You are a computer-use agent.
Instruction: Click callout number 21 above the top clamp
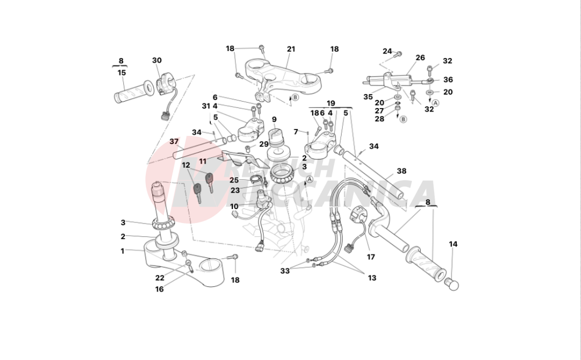click(x=291, y=49)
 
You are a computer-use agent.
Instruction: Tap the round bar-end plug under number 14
click(x=451, y=285)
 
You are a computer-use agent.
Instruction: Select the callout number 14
click(x=453, y=244)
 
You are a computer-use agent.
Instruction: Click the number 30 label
click(x=157, y=60)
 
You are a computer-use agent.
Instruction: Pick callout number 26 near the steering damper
click(x=420, y=57)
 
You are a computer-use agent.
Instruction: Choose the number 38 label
click(x=401, y=171)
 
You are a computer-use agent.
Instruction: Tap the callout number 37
click(x=174, y=142)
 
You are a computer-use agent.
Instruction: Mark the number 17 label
click(x=371, y=256)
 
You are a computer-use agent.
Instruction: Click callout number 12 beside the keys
click(x=186, y=165)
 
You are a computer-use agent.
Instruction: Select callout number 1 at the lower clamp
click(x=123, y=251)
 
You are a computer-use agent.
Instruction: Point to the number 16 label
click(x=159, y=289)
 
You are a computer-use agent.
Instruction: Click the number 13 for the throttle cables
click(x=372, y=278)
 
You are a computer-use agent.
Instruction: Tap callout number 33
click(x=285, y=271)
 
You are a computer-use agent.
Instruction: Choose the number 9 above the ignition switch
click(x=274, y=120)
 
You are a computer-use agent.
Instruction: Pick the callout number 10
click(x=234, y=206)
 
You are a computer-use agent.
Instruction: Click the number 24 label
click(x=387, y=51)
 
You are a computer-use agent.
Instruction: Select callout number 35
click(x=368, y=96)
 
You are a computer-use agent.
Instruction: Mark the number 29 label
click(x=264, y=144)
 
